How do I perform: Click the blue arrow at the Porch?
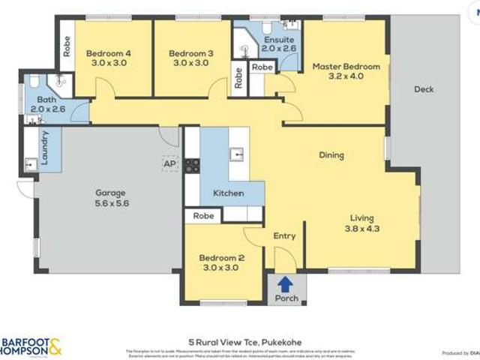pyautogui.click(x=285, y=284)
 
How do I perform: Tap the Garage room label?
pyautogui.click(x=110, y=197)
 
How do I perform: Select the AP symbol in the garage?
pyautogui.click(x=169, y=163)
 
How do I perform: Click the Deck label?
pyautogui.click(x=424, y=90)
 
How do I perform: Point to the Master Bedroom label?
pyautogui.click(x=346, y=72)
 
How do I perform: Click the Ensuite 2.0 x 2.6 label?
pyautogui.click(x=279, y=43)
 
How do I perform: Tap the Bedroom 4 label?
pyautogui.click(x=108, y=58)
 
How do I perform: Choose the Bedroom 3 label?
pyautogui.click(x=190, y=58)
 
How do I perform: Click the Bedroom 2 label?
pyautogui.click(x=221, y=263)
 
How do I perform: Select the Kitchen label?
pyautogui.click(x=229, y=193)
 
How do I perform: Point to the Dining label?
pyautogui.click(x=331, y=155)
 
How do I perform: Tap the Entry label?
pyautogui.click(x=284, y=235)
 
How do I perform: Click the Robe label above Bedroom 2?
pyautogui.click(x=203, y=216)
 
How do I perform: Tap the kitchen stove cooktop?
pyautogui.click(x=193, y=165)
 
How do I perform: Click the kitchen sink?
pyautogui.click(x=236, y=154)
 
